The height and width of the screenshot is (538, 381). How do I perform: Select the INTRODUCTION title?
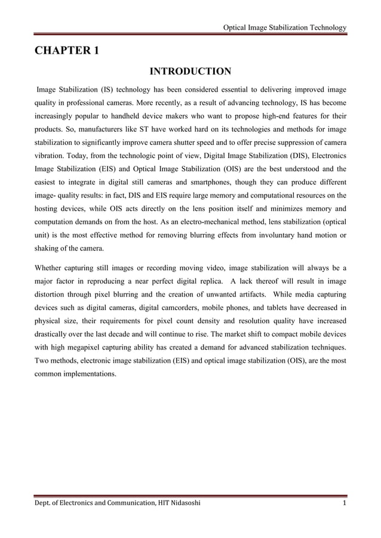190,72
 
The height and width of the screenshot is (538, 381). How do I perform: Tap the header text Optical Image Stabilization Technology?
284,27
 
